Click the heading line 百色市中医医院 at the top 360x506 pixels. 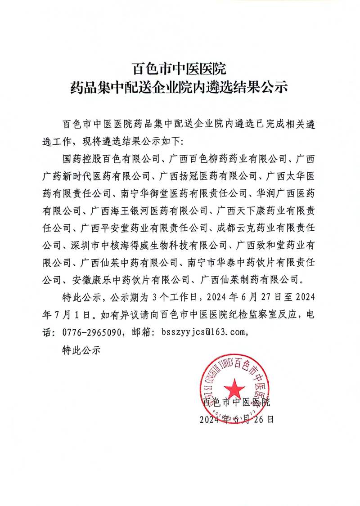pos(180,69)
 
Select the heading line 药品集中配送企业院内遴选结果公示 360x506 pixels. pos(180,87)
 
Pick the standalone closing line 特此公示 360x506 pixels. pos(81,349)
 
